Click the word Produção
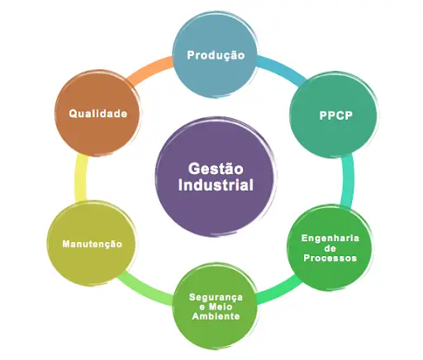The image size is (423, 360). tap(216, 55)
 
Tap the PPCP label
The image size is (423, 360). tap(335, 116)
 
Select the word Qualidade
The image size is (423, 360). tap(98, 113)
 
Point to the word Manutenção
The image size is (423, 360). tap(93, 244)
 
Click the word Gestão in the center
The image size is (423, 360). tap(216, 168)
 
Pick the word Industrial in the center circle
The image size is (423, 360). tap(216, 185)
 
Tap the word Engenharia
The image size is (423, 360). tap(330, 239)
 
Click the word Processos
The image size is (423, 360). tap(330, 258)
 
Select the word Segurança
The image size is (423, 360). tap(216, 297)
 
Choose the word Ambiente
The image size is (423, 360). tap(216, 316)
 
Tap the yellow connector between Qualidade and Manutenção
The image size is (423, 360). tap(81, 179)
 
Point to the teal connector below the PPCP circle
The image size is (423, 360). tap(347, 180)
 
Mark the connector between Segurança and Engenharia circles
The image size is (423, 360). tap(279, 291)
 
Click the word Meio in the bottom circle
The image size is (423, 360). tap(221, 306)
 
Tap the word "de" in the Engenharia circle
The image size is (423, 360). tap(330, 249)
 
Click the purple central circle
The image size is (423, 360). tap(216, 176)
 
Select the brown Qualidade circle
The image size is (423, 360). tap(97, 113)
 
